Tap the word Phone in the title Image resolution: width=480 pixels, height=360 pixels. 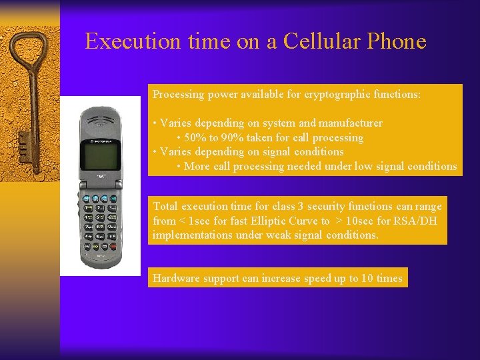(x=395, y=41)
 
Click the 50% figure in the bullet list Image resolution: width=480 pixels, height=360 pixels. (x=195, y=138)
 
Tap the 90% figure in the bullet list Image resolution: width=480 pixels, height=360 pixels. (x=234, y=138)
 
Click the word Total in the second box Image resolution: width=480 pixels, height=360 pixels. (x=165, y=207)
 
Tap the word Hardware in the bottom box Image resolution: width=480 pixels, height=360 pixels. (x=176, y=279)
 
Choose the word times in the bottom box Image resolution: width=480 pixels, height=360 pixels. (x=389, y=279)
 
